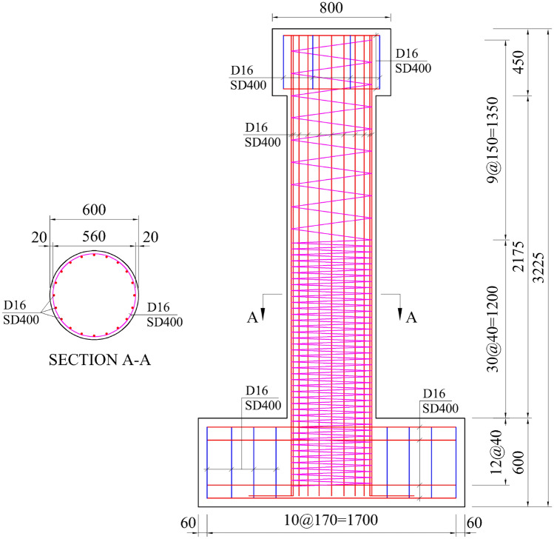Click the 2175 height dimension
click(x=517, y=255)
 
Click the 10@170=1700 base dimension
click(x=331, y=520)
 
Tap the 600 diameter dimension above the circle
click(x=94, y=210)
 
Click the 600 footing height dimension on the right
click(x=516, y=462)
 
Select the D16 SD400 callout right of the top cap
click(x=413, y=61)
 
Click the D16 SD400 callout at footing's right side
click(x=439, y=401)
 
